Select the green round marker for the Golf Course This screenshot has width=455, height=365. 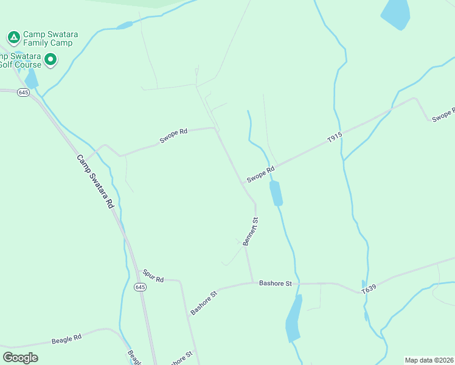pyautogui.click(x=51, y=60)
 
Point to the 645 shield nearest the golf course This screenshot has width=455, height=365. pyautogui.click(x=24, y=92)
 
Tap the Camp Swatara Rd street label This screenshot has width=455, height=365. pyautogui.click(x=95, y=182)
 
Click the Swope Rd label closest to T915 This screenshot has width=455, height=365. pyautogui.click(x=261, y=175)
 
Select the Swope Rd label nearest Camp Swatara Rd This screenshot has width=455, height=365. pyautogui.click(x=174, y=136)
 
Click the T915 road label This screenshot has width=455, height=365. pyautogui.click(x=335, y=138)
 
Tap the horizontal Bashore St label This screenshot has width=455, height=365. pyautogui.click(x=276, y=283)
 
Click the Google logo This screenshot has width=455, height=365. pyautogui.click(x=20, y=357)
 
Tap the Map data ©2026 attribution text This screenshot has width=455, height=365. pyautogui.click(x=429, y=360)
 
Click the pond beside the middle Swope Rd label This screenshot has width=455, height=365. pyautogui.click(x=276, y=193)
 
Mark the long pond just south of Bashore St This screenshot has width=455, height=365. pyautogui.click(x=294, y=319)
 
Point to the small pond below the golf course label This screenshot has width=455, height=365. pyautogui.click(x=31, y=78)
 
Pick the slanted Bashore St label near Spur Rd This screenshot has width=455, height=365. pyautogui.click(x=204, y=302)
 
